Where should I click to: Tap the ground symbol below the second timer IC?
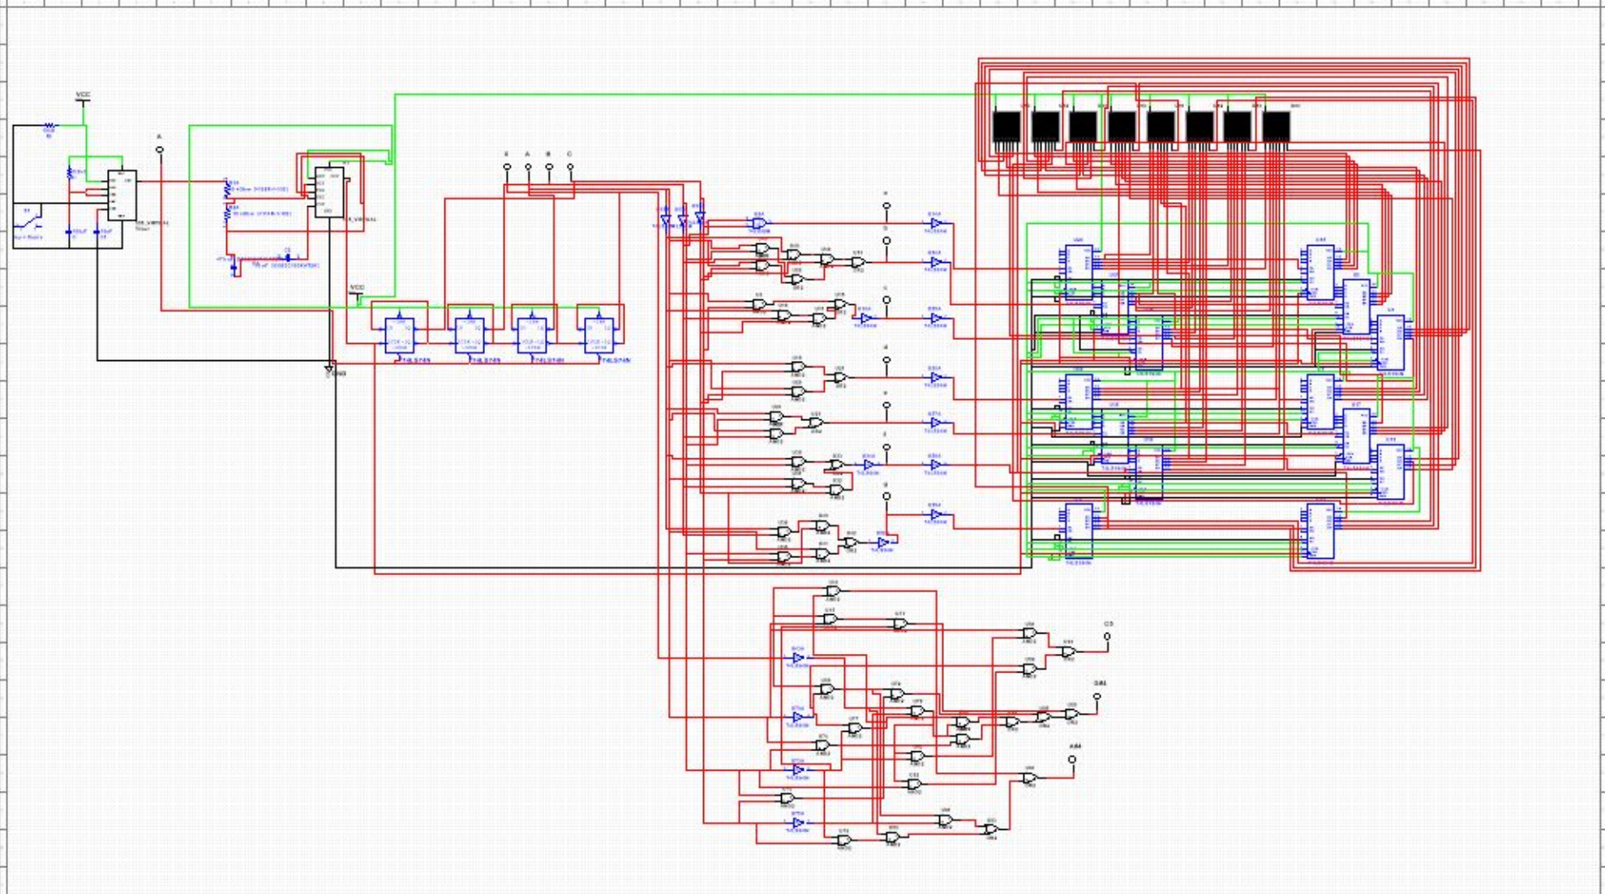coord(329,370)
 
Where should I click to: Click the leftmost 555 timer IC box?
coord(122,195)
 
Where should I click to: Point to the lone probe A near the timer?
coord(160,150)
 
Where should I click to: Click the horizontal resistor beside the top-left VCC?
coord(49,127)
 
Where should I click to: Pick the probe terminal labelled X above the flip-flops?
coord(507,167)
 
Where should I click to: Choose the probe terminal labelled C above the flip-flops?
coord(570,167)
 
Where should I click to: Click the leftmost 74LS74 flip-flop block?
coord(399,334)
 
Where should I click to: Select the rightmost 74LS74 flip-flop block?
coord(599,334)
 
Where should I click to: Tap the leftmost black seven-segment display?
coord(1006,127)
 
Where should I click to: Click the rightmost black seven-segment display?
coord(1276,127)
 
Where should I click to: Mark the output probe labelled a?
coord(886,206)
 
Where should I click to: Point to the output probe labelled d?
coord(886,360)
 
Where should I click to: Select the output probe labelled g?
coord(886,496)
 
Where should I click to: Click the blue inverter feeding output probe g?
coord(883,542)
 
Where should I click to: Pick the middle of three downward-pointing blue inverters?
coord(682,221)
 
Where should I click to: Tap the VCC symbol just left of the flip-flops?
coord(357,293)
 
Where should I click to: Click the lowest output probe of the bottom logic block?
coord(1072,760)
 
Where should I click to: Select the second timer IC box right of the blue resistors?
coord(328,191)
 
